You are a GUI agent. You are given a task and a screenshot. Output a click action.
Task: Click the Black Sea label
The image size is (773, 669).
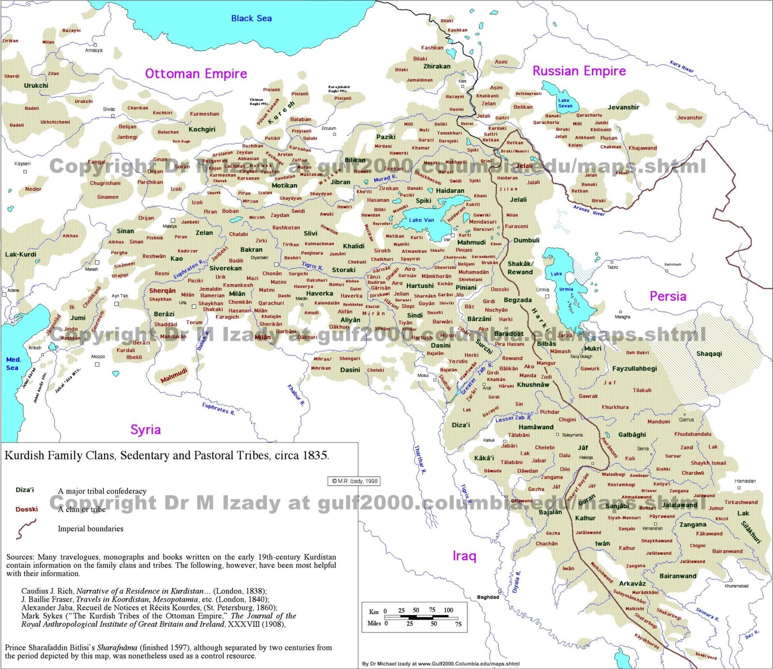[251, 18]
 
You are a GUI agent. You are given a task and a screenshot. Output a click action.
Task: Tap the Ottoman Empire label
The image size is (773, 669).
[196, 73]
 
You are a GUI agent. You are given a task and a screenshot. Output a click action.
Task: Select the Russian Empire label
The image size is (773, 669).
[579, 71]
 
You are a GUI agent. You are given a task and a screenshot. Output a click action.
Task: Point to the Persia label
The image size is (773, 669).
[668, 296]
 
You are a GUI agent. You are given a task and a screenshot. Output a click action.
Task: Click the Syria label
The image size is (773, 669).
[145, 430]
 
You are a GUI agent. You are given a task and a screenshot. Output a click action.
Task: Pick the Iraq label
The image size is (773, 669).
[464, 556]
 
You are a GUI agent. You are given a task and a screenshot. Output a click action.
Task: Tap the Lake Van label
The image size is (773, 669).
[421, 220]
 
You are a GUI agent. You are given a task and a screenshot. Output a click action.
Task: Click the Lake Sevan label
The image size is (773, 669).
[565, 103]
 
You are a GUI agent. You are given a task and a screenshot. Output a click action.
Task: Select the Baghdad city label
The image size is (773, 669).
[488, 597]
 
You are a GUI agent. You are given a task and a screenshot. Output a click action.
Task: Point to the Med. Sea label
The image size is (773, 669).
[13, 364]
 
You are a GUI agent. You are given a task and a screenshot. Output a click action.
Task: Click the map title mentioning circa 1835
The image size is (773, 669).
[167, 455]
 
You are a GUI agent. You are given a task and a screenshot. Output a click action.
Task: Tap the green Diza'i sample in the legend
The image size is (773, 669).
[25, 490]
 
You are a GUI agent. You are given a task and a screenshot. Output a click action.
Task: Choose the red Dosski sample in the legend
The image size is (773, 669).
[27, 509]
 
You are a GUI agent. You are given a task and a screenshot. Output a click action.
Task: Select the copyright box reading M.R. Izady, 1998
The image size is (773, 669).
[355, 481]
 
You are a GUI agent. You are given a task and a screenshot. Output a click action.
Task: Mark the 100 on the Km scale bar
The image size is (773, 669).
[448, 610]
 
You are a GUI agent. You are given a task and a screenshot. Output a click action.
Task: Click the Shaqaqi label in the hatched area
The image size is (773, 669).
[709, 354]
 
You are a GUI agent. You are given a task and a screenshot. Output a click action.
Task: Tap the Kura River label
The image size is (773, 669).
[681, 67]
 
